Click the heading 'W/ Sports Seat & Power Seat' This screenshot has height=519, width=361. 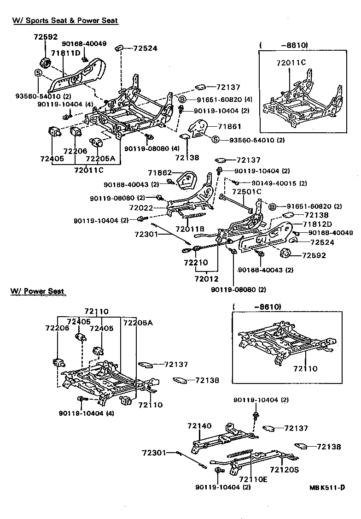coord(65,21)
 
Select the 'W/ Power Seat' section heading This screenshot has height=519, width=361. coord(37,291)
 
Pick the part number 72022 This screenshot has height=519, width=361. coord(140,208)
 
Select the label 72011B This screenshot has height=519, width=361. coord(190,229)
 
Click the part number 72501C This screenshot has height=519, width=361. coord(246,191)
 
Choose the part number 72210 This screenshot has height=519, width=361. coord(196,263)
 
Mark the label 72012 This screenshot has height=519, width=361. coord(206,278)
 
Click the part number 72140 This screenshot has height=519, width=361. coord(199,426)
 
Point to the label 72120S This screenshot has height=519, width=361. coord(284,470)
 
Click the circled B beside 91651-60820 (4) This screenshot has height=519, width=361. coord(182,99)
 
